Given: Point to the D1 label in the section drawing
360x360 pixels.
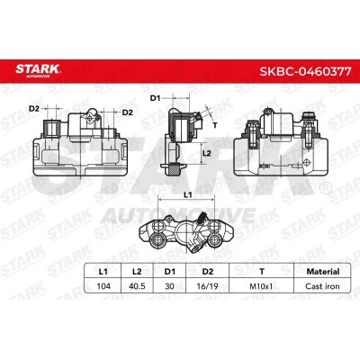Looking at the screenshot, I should click(x=154, y=97).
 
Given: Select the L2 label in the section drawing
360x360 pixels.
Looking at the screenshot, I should click(x=205, y=154).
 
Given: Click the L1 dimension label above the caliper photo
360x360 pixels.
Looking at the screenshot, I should click(x=187, y=193).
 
